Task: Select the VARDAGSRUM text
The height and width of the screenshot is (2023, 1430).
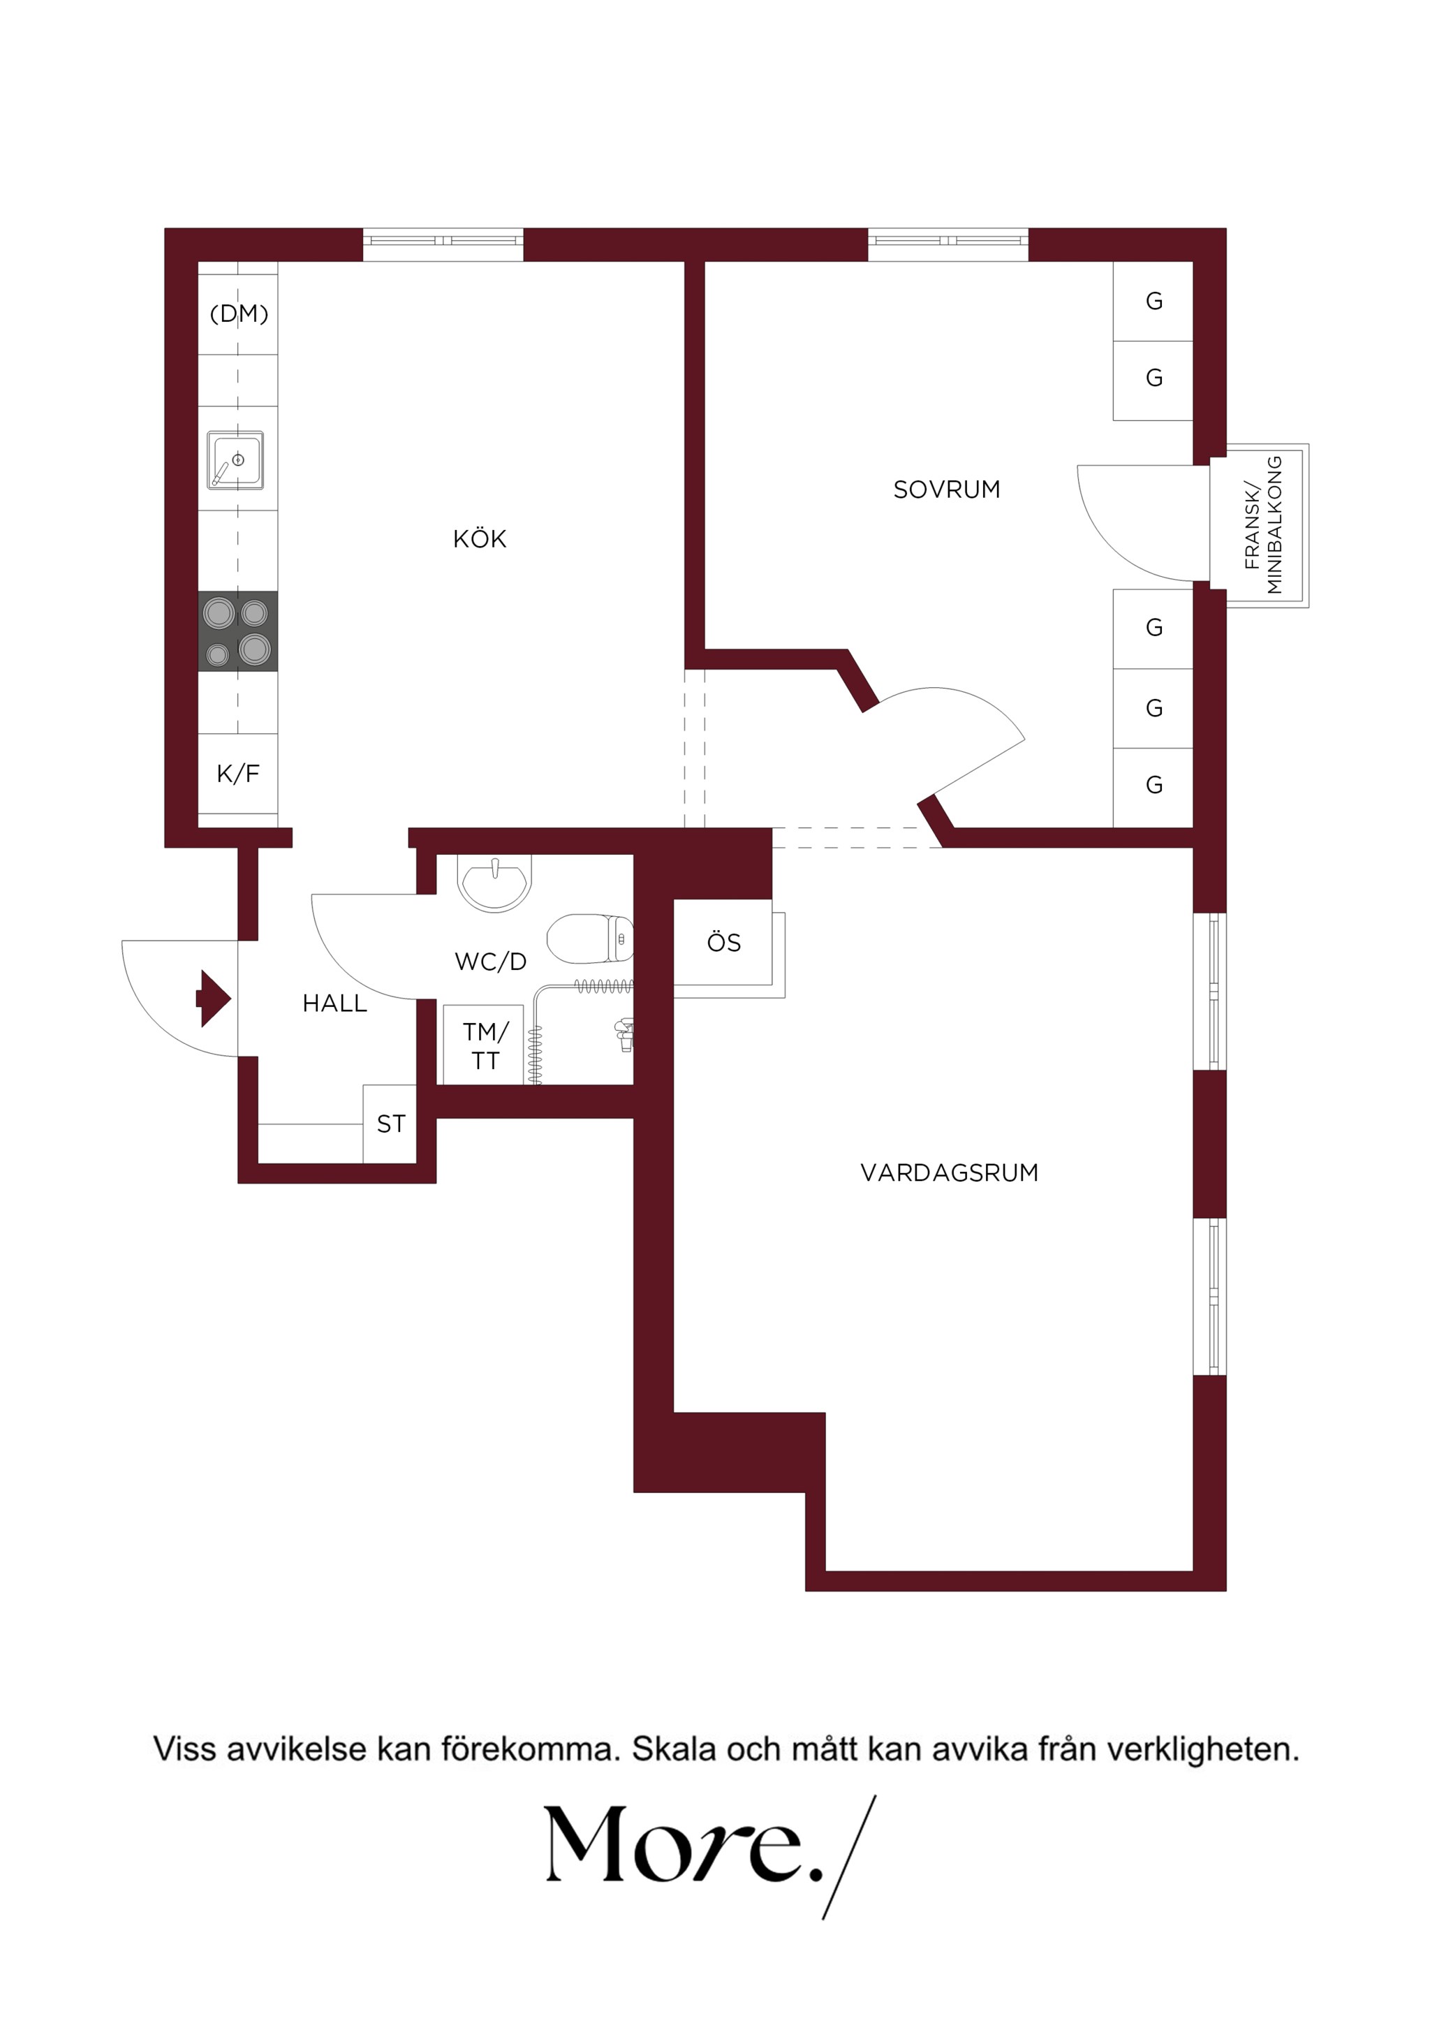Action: (949, 1172)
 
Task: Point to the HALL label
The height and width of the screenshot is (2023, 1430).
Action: (335, 1003)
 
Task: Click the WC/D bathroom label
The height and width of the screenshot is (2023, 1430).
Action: (491, 962)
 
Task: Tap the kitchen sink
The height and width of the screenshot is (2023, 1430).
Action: (235, 459)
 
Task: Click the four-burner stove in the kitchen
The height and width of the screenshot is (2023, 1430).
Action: (238, 631)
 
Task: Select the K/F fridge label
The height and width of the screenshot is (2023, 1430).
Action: (238, 774)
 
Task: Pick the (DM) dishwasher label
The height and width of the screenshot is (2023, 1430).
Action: (239, 314)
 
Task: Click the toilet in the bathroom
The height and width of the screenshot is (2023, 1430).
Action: (589, 939)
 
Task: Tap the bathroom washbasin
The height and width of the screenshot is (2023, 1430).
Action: (494, 882)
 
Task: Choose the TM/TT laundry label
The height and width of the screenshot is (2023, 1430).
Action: (485, 1046)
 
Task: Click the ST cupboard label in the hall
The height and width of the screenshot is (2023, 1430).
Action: (391, 1124)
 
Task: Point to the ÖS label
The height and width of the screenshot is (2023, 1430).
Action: (724, 942)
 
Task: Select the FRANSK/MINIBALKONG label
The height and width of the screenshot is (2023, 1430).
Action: (1262, 525)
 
